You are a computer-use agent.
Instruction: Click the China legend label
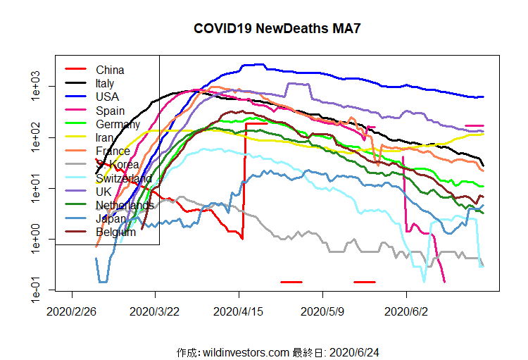(110, 70)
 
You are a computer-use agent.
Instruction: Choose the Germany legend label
(118, 124)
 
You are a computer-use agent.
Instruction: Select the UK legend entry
(103, 192)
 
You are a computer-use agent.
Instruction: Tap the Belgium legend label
(116, 232)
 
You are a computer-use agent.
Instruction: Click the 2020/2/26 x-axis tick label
(72, 310)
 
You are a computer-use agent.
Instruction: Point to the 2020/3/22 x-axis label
(155, 310)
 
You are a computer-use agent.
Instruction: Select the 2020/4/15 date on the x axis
(239, 310)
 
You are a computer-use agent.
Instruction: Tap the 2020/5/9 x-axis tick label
(322, 310)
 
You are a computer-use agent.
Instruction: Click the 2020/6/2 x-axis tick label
(406, 310)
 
